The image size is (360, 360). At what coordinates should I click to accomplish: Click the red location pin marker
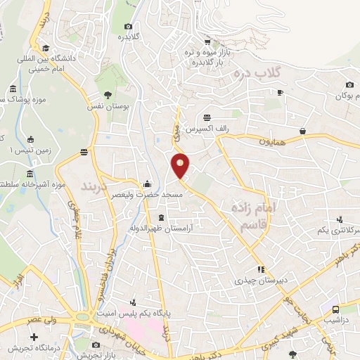pyautogui.click(x=181, y=165)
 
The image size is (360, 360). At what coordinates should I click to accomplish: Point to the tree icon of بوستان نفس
pyautogui.click(x=108, y=94)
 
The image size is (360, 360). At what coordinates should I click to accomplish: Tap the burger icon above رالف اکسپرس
pyautogui.click(x=207, y=117)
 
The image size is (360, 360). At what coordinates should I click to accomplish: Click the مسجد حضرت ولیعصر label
pyautogui.click(x=153, y=193)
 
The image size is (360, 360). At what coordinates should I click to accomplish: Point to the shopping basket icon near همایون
pyautogui.click(x=302, y=131)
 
